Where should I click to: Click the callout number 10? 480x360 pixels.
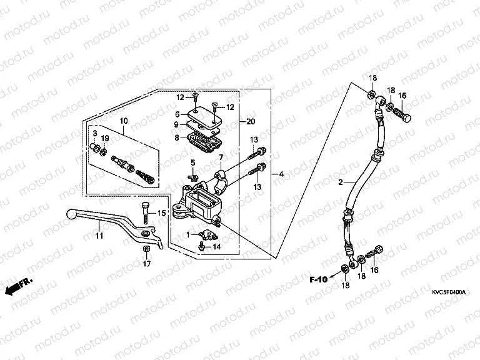coord(123,120)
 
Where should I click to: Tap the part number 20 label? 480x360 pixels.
coord(251,121)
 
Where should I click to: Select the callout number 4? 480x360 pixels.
coord(281,173)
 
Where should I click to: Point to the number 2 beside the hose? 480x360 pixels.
coord(341,182)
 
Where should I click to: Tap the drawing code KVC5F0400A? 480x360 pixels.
coord(449,292)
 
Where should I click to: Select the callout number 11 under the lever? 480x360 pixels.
coord(98,236)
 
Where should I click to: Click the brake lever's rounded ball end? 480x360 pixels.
coord(71,214)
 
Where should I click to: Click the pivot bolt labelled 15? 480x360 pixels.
coord(146,210)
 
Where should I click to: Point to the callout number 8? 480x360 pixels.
coord(177,137)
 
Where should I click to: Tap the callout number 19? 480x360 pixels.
coord(106,138)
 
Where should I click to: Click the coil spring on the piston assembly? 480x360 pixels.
coord(145,172)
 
